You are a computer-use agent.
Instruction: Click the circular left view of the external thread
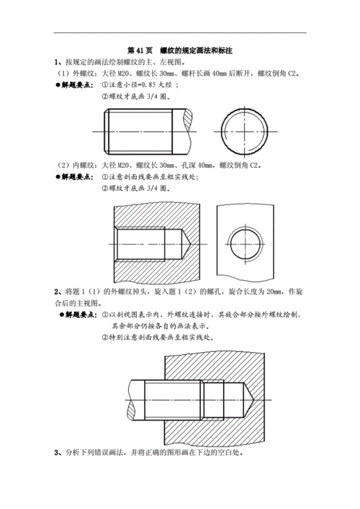coord(244,130)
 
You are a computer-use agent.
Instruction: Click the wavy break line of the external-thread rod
coord(190,130)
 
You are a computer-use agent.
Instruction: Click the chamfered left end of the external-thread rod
coord(107,130)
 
